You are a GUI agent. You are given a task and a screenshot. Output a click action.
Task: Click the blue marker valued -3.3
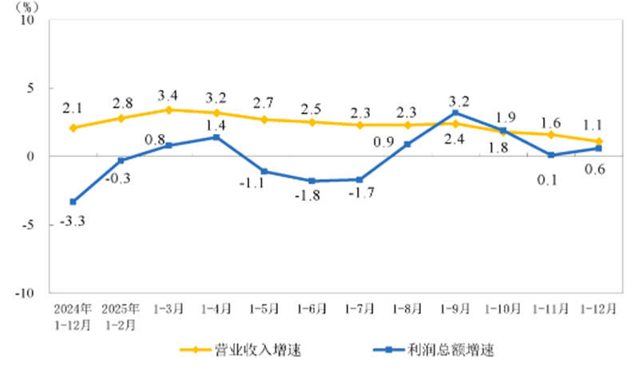pyautogui.click(x=73, y=202)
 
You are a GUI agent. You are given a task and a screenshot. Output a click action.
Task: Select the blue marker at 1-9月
pyautogui.click(x=455, y=112)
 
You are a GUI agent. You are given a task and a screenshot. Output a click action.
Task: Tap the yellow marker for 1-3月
pyautogui.click(x=169, y=109)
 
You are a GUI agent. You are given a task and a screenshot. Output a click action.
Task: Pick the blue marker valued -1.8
pyautogui.click(x=312, y=181)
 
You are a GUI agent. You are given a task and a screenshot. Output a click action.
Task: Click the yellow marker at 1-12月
pyautogui.click(x=598, y=141)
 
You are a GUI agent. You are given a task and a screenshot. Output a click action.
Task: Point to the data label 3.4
pyautogui.click(x=169, y=94)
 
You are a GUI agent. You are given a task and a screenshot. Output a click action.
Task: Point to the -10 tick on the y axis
pyautogui.click(x=31, y=293)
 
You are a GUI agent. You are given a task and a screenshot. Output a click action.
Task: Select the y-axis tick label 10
pyautogui.click(x=35, y=20)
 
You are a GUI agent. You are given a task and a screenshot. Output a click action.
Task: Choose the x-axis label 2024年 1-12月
pyautogui.click(x=73, y=317)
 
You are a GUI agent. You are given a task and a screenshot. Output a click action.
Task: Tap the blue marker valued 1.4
pyautogui.click(x=216, y=137)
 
